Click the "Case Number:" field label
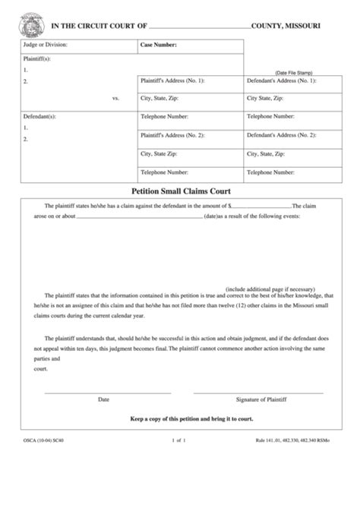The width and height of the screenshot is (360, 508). pyautogui.click(x=159, y=46)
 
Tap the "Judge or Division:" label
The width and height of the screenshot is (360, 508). pyautogui.click(x=46, y=46)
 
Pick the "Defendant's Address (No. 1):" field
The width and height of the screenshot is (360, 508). pyautogui.click(x=282, y=80)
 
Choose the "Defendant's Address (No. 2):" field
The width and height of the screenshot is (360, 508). pyautogui.click(x=282, y=135)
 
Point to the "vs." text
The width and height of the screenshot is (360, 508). pyautogui.click(x=115, y=98)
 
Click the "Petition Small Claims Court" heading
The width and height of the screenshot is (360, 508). pyautogui.click(x=181, y=191)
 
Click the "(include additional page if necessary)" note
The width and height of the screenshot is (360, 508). pyautogui.click(x=270, y=289)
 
